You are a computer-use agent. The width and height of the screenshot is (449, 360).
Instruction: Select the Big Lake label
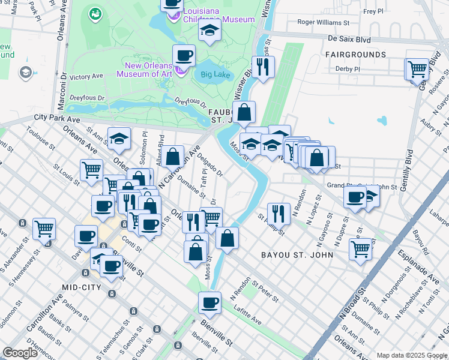215,74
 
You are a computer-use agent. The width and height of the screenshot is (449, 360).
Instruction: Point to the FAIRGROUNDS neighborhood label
355,55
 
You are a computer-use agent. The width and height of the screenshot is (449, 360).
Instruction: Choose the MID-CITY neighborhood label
83,287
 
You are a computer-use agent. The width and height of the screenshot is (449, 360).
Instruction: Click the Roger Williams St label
324,23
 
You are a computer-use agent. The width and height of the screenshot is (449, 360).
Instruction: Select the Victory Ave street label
86,77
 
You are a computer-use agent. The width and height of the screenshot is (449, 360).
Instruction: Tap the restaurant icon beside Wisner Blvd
263,67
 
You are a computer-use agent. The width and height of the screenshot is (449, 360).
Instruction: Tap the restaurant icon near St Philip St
279,213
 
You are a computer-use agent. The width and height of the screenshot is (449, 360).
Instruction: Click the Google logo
20,353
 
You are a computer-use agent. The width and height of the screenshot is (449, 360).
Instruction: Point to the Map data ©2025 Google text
412,355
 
